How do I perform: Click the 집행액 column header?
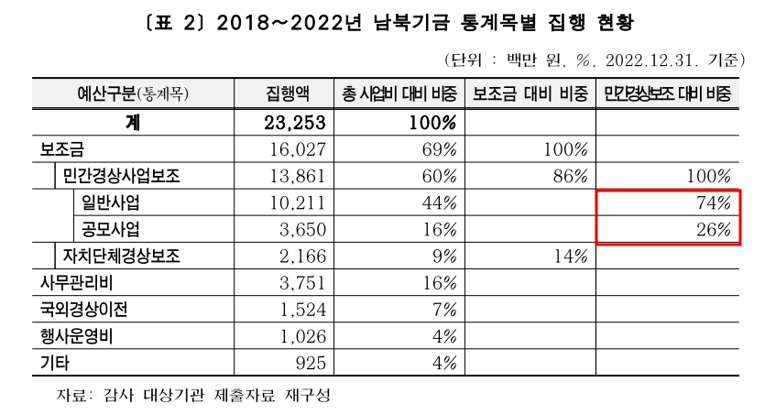point(287,94)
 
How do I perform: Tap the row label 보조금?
point(63,148)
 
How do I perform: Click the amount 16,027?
point(300,148)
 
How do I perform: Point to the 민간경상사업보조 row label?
point(123,175)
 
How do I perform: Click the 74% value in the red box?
point(713,202)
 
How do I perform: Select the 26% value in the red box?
point(713,228)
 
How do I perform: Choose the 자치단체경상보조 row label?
point(123,255)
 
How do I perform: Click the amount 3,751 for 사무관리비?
point(304,282)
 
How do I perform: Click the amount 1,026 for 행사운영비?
point(304,335)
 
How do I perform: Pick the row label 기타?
point(54,362)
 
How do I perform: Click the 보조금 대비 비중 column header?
point(530,94)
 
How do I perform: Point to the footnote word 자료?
point(73,396)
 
